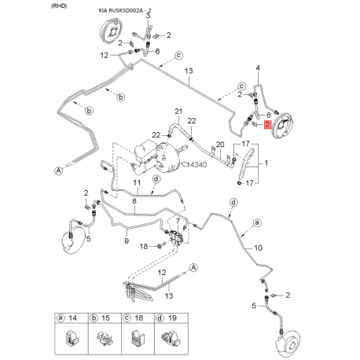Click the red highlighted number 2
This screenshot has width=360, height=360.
point(267,124)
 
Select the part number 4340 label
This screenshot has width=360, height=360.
point(198,165)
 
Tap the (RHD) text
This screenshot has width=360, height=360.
point(59,6)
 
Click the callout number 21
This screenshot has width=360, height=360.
point(178,112)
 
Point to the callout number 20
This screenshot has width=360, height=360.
point(220,145)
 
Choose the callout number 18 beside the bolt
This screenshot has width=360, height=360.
point(144,246)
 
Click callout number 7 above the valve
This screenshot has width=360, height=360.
point(178,221)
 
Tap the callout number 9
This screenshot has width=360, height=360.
point(127,241)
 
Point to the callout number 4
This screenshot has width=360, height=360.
point(258,68)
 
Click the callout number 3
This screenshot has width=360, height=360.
point(148,16)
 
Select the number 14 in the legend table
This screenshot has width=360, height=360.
point(72,318)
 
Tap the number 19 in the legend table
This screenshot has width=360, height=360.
point(172,318)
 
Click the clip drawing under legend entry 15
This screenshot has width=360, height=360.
point(105,339)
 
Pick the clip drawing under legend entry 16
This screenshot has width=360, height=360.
point(138,338)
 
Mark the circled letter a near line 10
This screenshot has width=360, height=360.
point(257,222)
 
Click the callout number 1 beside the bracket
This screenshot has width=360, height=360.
point(266,163)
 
